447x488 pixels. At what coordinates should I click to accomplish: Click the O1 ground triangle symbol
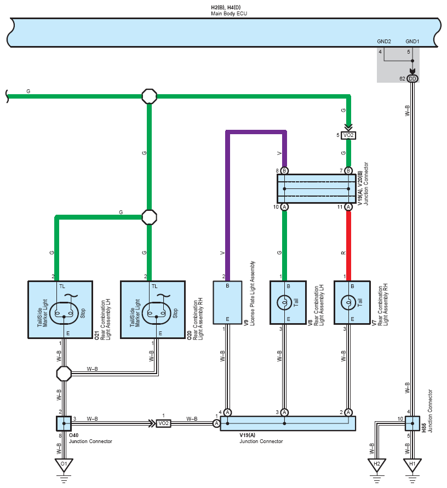(x=64, y=465)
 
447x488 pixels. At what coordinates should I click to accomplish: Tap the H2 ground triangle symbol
(x=377, y=465)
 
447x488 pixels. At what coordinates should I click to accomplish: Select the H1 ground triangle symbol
(x=412, y=465)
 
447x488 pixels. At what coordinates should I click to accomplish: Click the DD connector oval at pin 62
(x=412, y=78)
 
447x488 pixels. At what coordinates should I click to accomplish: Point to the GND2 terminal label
(x=384, y=42)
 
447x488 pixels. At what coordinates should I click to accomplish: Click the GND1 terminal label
(x=412, y=42)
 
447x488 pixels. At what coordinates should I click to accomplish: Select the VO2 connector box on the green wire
(x=348, y=135)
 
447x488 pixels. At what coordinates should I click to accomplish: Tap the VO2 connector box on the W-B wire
(x=163, y=423)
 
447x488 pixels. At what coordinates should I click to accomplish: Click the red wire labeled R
(x=348, y=246)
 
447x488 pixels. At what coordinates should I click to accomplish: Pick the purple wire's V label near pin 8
(x=279, y=153)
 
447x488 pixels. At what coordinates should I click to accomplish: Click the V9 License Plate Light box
(x=227, y=302)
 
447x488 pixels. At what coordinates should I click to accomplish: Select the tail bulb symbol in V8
(x=284, y=302)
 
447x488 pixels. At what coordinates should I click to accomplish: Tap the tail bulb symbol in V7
(x=348, y=302)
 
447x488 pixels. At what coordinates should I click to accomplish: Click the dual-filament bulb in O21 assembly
(x=64, y=313)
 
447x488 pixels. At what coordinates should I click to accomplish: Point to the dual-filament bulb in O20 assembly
(x=156, y=313)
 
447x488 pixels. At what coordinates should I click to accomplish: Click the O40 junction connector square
(x=64, y=423)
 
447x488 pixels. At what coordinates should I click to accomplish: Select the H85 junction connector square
(x=412, y=423)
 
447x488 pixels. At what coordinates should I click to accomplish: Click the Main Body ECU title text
(x=229, y=14)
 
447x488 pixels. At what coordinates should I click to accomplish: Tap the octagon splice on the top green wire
(x=150, y=96)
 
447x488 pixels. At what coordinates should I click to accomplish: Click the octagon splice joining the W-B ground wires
(x=64, y=374)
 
